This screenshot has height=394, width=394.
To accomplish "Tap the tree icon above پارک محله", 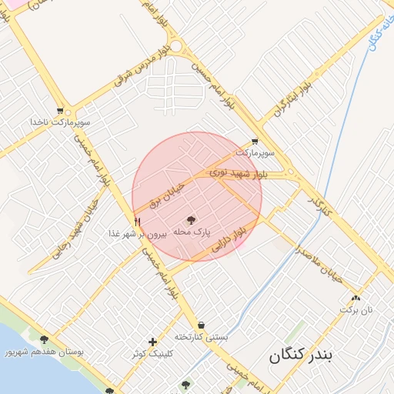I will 192,220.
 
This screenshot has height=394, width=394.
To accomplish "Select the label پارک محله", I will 192,232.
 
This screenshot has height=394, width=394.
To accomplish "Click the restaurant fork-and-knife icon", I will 137,222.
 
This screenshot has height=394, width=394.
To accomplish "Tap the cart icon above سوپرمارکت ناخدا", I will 60,111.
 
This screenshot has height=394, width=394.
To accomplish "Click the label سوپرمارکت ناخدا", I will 60,122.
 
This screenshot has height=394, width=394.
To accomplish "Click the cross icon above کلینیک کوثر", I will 153,342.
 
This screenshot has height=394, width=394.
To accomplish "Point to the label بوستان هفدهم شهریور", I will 44,352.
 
